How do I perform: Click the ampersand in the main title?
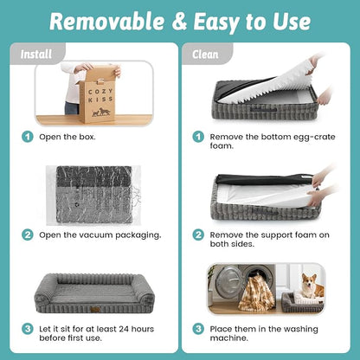pyautogui.click(x=180, y=22)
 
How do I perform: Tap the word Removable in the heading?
pyautogui.click(x=106, y=22)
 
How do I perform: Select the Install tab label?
pyautogui.click(x=36, y=55)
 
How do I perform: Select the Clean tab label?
pyautogui.click(x=205, y=55)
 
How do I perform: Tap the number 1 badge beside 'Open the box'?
pyautogui.click(x=28, y=137)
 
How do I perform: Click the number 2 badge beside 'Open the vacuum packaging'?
pyautogui.click(x=28, y=235)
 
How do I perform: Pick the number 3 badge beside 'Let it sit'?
pyautogui.click(x=28, y=329)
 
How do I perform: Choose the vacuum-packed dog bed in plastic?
pyautogui.click(x=93, y=196)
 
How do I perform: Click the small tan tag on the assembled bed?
pyautogui.click(x=95, y=310)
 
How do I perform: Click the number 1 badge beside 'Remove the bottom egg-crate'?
pyautogui.click(x=198, y=137)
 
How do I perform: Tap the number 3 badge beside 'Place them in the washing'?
pyautogui.click(x=198, y=329)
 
